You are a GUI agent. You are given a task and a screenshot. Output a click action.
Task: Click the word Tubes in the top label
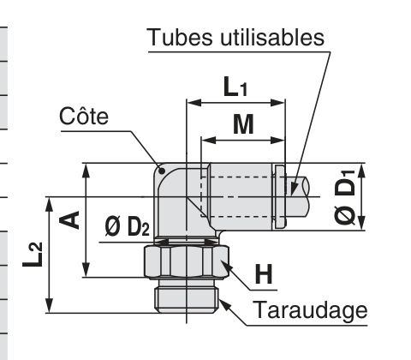(x=179, y=37)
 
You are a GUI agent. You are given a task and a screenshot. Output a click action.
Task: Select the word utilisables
(x=272, y=37)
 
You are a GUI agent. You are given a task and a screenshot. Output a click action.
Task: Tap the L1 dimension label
(x=235, y=87)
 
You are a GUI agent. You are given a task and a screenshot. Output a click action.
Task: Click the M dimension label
(x=243, y=124)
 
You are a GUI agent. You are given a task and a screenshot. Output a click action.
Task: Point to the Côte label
(x=84, y=116)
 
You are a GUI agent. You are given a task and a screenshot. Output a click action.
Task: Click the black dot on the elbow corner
(x=162, y=171)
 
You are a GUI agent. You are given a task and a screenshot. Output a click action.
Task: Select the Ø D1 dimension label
(x=345, y=197)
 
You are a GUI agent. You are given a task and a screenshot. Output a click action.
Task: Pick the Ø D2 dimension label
(x=127, y=226)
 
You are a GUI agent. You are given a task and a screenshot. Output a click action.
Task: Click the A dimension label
(x=69, y=220)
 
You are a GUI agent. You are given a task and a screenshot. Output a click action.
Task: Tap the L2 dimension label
(x=33, y=255)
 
